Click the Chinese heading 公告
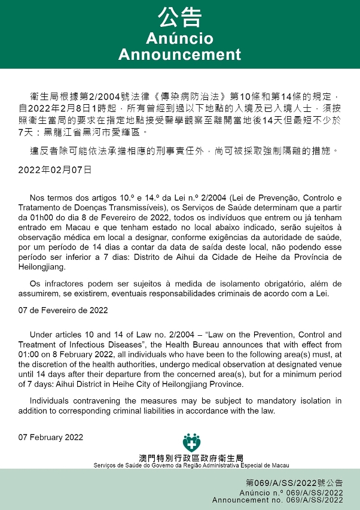click(x=179, y=17)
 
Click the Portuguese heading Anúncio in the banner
click(x=179, y=39)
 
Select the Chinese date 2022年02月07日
click(x=55, y=169)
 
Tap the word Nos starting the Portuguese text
click(x=36, y=198)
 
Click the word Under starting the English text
click(x=41, y=335)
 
